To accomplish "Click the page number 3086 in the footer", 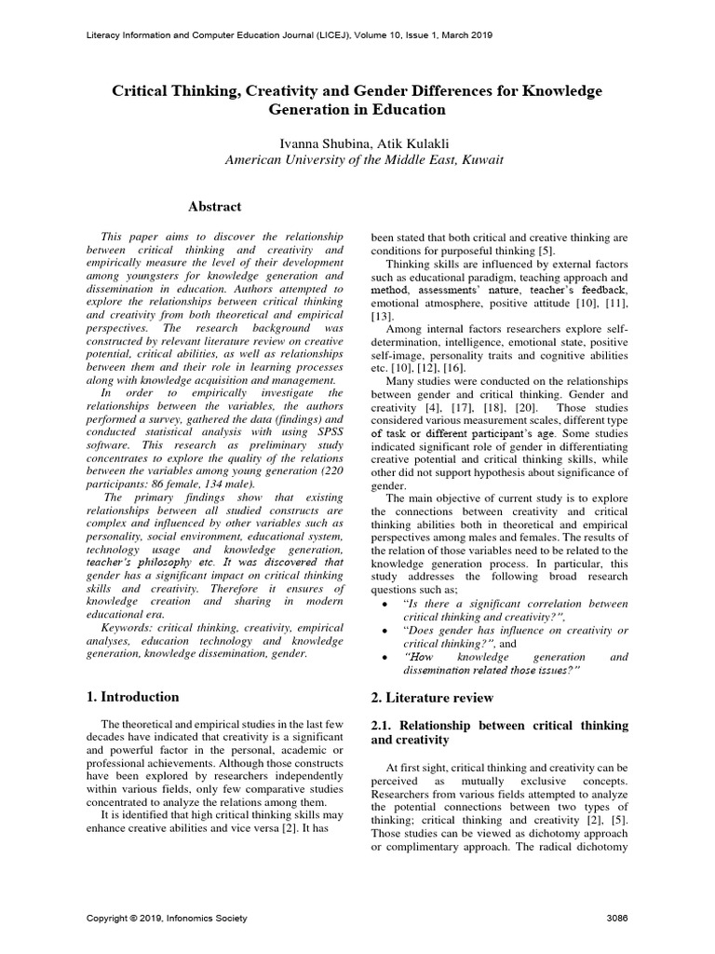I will pos(616,919).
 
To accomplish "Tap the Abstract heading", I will pos(215,206).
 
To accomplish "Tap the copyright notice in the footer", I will pos(167,919).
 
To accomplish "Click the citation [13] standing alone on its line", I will pos(383,317).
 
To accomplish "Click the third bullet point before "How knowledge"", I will pos(385,659).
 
